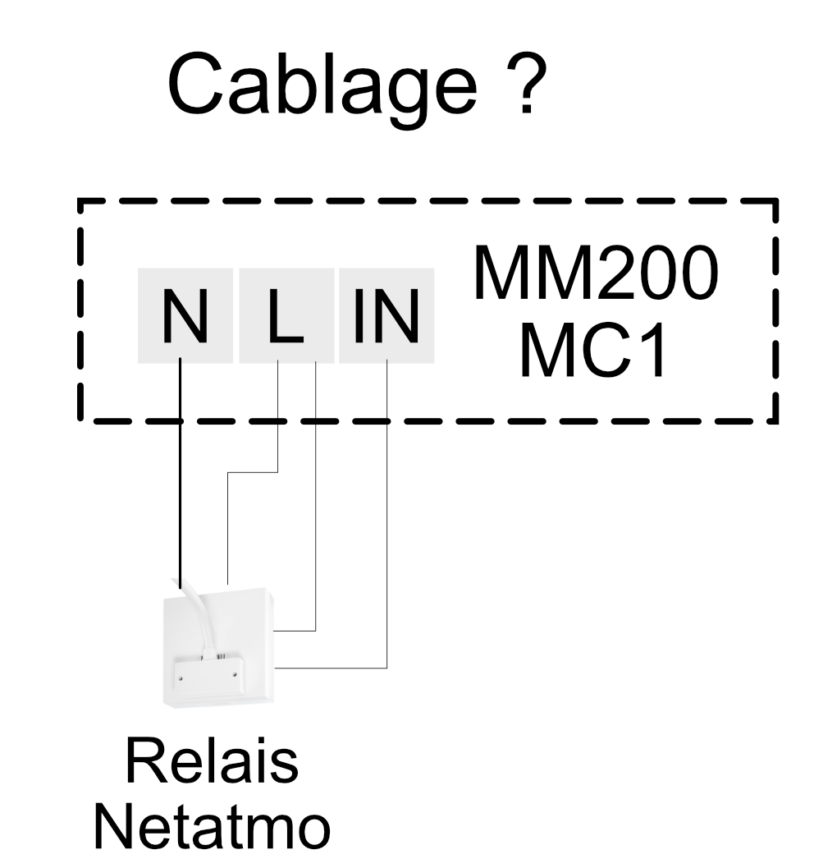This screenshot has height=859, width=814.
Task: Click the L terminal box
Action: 286,315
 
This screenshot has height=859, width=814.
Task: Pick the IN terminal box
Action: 386,315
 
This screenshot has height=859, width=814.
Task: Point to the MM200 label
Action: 593,274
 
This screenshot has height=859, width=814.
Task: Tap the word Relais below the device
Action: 212,761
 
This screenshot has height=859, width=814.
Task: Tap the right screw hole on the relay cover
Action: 235,675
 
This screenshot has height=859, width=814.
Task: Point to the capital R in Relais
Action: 143,761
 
